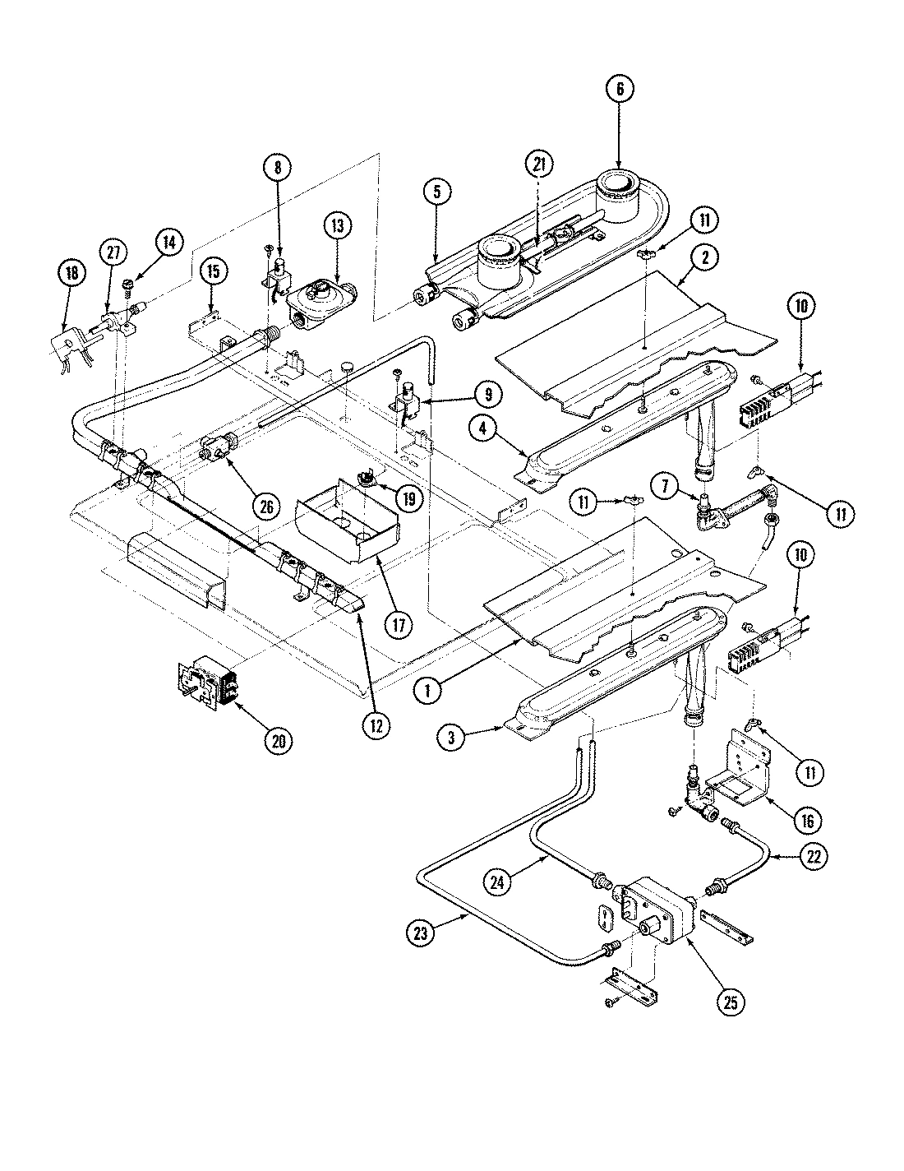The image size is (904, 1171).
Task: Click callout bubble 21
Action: pyautogui.click(x=538, y=164)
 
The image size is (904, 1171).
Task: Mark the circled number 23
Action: pyautogui.click(x=420, y=933)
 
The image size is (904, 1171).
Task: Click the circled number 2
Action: pyautogui.click(x=706, y=257)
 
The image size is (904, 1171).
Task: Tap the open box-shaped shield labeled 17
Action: pyautogui.click(x=345, y=530)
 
